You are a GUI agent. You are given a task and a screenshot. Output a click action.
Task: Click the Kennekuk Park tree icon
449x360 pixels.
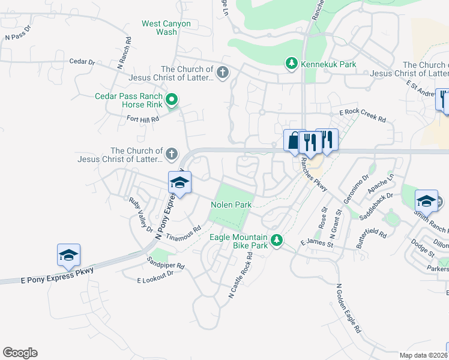tap(291, 64)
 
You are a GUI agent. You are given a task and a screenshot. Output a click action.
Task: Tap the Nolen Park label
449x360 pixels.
tap(231, 205)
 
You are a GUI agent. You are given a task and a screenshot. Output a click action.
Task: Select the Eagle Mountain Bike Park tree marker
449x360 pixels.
tap(276, 241)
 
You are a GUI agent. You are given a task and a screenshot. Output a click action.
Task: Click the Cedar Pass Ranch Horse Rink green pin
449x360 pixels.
tap(171, 100)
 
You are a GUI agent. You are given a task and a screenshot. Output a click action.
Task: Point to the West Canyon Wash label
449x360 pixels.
tap(166, 28)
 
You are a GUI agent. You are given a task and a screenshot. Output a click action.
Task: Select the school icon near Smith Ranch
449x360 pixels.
tap(426, 200)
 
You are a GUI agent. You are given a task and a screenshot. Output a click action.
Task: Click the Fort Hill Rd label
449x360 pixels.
tap(143, 119)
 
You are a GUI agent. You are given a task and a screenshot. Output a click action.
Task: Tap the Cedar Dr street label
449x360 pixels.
tap(83, 61)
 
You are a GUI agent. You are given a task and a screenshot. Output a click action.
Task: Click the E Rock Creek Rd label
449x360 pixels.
tap(363, 115)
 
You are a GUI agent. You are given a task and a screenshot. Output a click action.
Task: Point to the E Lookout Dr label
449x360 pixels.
tap(155, 277)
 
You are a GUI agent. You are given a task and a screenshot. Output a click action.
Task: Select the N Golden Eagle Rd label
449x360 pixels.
tap(349, 308)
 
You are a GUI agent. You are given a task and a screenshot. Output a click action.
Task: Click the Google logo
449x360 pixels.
tap(20, 353)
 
